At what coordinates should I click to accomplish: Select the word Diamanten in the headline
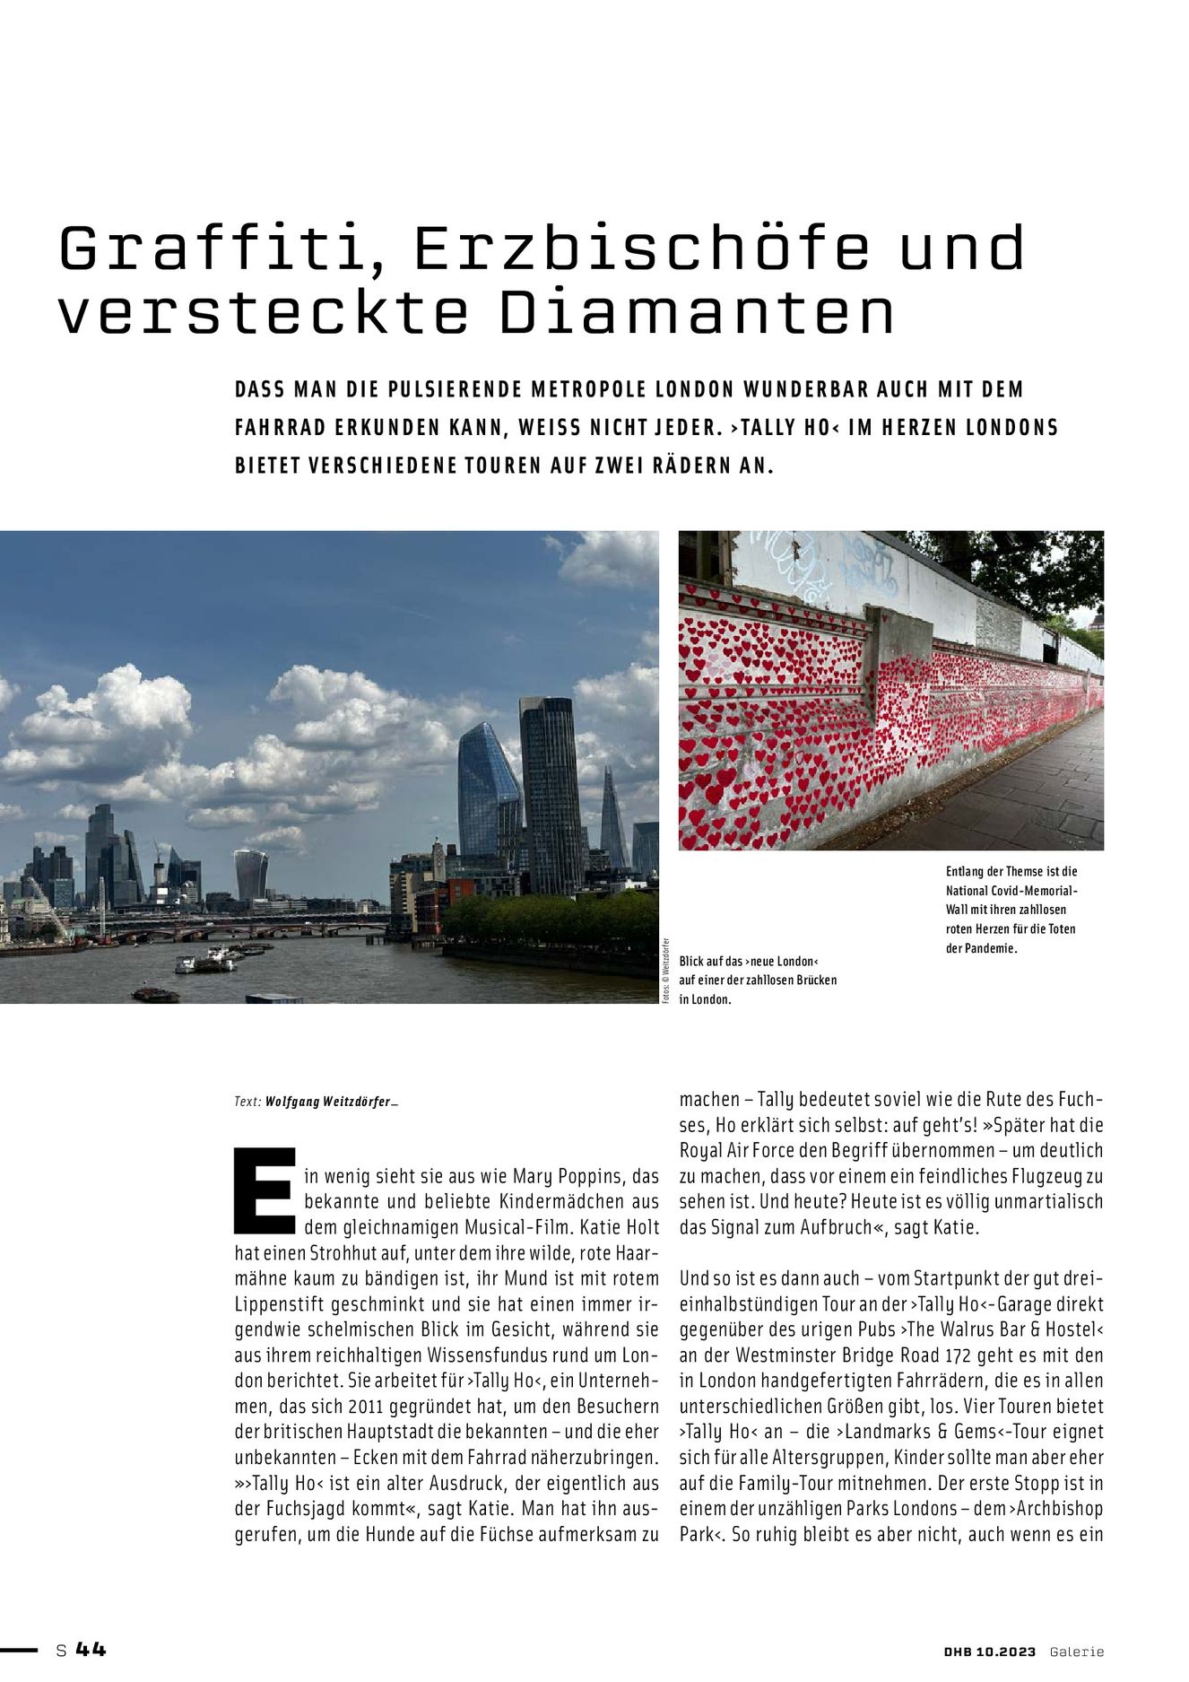(698, 313)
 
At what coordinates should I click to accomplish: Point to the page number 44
(91, 1649)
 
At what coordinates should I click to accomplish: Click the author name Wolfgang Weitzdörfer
(328, 1102)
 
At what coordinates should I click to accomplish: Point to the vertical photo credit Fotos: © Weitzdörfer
(666, 972)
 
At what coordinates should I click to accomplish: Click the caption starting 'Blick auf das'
(758, 980)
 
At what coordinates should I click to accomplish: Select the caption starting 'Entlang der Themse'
(1011, 909)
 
